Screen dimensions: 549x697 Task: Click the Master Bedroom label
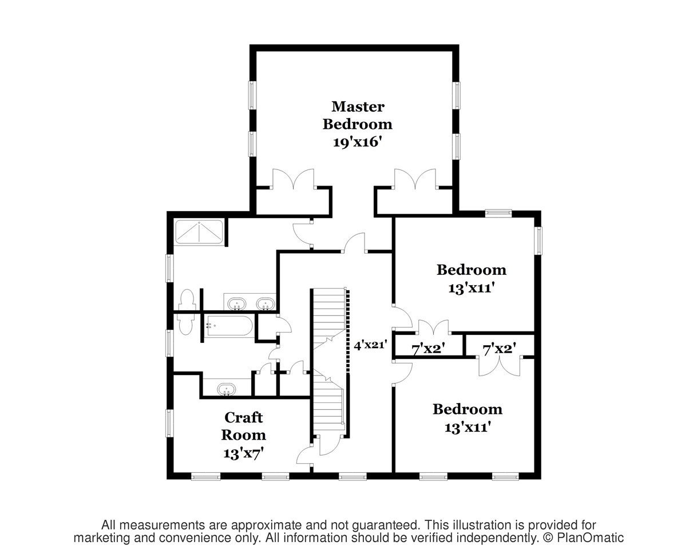point(358,115)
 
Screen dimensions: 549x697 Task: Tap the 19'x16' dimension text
point(358,142)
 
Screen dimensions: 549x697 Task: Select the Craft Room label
point(244,426)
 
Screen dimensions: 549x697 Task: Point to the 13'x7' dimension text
point(244,453)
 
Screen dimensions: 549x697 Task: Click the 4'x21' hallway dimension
point(371,345)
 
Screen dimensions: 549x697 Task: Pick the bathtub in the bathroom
point(229,326)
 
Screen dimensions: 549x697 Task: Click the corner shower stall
point(199,232)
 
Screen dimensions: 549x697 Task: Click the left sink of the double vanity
point(237,303)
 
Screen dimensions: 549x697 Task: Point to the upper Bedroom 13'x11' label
point(472,278)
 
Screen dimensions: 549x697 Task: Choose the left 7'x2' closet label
point(429,348)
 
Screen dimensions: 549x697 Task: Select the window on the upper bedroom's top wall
point(498,213)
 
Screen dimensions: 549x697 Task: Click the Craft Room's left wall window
point(170,423)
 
